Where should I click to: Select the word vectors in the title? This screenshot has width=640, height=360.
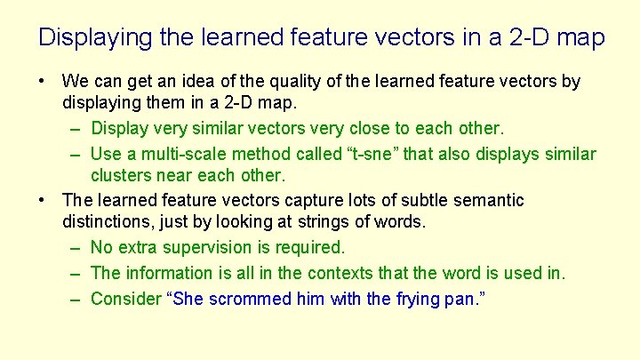416,38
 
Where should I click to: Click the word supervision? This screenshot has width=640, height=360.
204,247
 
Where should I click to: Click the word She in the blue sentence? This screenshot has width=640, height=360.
188,299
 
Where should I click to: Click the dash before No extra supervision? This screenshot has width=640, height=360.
76,247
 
